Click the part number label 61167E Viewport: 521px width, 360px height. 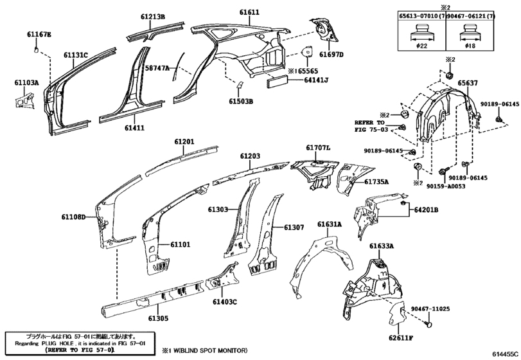point(39,34)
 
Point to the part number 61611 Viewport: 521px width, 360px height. point(249,12)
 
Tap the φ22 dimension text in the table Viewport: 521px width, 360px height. point(421,46)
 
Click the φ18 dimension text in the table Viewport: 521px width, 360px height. point(470,46)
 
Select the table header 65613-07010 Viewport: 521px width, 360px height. point(418,16)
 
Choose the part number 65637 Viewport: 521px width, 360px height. point(468,83)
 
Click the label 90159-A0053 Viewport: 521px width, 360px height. point(446,186)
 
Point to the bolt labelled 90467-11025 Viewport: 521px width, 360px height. point(429,323)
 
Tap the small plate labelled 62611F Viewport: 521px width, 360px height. point(397,314)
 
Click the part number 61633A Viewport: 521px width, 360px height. point(382,246)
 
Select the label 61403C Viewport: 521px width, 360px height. point(225,302)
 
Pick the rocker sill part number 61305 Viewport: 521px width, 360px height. point(158,318)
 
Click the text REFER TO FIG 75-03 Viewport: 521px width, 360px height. point(371,126)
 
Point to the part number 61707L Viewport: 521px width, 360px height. point(318,148)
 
